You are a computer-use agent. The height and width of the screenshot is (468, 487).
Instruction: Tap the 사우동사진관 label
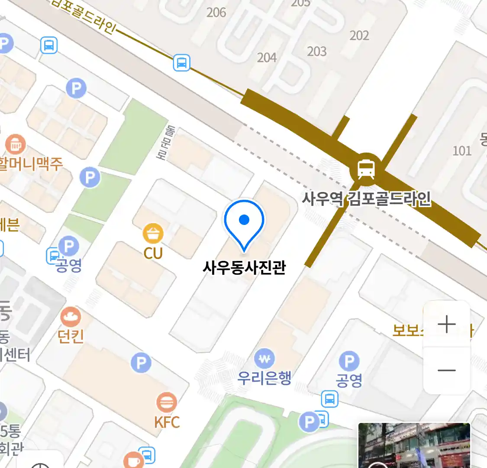click(244, 267)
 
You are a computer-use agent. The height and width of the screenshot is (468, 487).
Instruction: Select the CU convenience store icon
click(153, 234)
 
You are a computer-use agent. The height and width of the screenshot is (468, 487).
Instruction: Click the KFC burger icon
click(166, 403)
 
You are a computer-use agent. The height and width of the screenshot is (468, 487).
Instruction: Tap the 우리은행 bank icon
click(264, 359)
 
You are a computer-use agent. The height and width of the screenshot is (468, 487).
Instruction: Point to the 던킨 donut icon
click(71, 318)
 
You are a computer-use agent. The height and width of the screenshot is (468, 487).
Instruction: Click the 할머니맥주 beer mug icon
click(16, 145)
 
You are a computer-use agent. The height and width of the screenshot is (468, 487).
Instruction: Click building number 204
click(267, 57)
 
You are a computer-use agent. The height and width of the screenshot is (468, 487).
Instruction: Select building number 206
click(216, 12)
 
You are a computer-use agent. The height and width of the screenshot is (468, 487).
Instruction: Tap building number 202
click(359, 35)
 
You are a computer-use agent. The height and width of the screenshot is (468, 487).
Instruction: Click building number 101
click(462, 150)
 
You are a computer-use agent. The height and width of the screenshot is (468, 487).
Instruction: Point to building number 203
click(317, 51)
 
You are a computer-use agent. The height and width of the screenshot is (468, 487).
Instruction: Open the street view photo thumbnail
click(414, 445)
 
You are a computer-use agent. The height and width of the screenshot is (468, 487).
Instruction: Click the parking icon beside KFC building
click(141, 363)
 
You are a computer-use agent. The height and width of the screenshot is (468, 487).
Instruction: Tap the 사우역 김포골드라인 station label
click(366, 199)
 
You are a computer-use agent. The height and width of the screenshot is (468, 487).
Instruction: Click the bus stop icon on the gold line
click(182, 63)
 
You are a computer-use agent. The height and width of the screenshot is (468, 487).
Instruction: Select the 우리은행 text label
click(264, 378)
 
